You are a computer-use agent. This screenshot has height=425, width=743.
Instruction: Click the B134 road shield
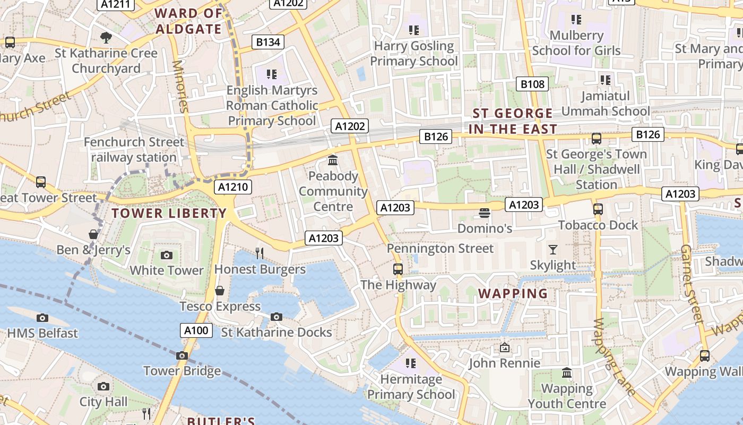pos(268,42)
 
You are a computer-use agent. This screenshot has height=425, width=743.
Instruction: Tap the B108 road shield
pos(532,84)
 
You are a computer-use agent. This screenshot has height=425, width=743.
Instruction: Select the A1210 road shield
pos(233,187)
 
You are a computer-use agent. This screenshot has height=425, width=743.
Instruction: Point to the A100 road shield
pos(196,330)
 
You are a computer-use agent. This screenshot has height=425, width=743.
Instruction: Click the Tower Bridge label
pos(182,371)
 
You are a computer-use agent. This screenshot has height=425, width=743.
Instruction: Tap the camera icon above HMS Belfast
pos(42,318)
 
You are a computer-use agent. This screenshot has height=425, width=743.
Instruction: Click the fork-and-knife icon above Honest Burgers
pos(260,253)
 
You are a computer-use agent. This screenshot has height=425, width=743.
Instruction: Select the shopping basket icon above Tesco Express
pos(219,291)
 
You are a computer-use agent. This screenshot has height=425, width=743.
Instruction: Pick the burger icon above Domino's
pos(484,213)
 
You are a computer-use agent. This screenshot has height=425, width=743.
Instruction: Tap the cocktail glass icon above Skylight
pos(553,249)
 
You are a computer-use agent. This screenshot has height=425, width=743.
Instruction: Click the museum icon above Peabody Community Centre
pos(333,160)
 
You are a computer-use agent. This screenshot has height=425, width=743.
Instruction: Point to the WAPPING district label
pos(513,294)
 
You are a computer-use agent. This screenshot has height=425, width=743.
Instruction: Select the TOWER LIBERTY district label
pos(169,214)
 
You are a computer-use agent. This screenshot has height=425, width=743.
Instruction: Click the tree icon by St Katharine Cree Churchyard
pos(106,37)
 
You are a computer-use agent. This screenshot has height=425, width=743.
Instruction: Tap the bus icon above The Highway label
pos(398,269)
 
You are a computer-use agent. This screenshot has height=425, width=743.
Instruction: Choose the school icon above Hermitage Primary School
pos(410,363)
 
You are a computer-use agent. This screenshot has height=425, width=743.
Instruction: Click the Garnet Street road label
pos(691,284)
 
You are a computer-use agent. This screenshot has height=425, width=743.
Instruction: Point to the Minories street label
pos(180,87)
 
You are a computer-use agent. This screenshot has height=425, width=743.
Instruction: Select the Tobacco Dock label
pos(598,225)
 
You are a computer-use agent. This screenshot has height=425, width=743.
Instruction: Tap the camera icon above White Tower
pos(167,255)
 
